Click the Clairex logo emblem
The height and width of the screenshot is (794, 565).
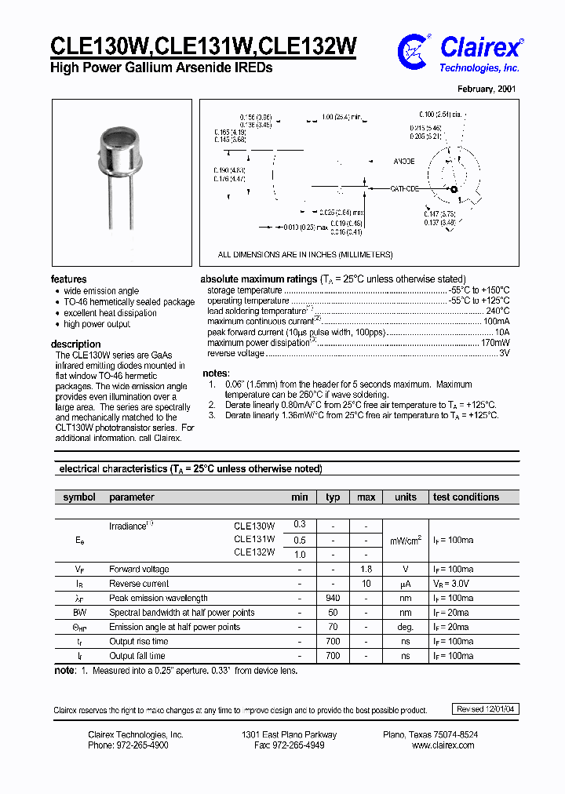pos(414,51)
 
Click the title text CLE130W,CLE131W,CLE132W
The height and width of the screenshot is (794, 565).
pos(203,46)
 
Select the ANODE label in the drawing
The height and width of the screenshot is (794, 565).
pos(404,161)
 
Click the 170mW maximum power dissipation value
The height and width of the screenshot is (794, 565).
pos(495,343)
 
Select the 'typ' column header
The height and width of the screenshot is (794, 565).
pos(333,497)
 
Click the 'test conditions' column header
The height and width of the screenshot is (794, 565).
pos(465,497)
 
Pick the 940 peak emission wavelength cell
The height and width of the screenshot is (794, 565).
pos(333,598)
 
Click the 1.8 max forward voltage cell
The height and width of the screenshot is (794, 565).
pos(366,569)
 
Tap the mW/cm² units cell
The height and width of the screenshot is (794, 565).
pos(406,541)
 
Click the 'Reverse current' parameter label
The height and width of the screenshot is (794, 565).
pos(139,584)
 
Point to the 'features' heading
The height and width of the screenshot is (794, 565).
pos(69,279)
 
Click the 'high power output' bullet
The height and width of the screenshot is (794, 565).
pos(97,324)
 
